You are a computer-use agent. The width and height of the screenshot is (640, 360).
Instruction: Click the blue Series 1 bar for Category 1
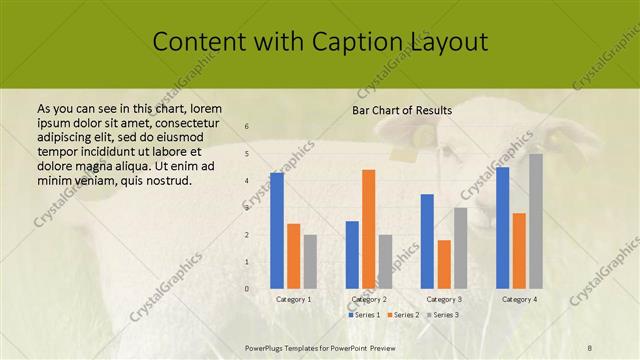click(x=277, y=231)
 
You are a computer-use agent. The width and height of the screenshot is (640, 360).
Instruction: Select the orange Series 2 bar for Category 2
click(x=369, y=229)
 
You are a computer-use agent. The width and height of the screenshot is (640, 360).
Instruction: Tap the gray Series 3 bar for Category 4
click(x=536, y=221)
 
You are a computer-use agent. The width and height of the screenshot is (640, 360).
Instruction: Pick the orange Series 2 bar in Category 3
click(x=444, y=264)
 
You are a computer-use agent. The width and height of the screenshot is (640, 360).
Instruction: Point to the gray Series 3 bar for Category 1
click(x=310, y=261)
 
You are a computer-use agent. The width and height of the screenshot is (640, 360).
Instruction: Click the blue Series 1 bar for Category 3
click(x=427, y=241)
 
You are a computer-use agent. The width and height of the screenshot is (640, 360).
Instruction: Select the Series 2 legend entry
click(x=403, y=315)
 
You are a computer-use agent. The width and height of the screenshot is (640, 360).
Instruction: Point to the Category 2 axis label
click(x=369, y=299)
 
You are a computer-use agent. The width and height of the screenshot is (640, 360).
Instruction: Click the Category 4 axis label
click(x=519, y=299)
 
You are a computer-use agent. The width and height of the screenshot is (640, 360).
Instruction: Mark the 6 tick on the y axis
click(x=247, y=126)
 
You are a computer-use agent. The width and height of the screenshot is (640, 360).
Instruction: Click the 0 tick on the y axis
click(x=247, y=289)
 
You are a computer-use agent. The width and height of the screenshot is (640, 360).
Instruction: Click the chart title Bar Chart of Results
click(x=401, y=110)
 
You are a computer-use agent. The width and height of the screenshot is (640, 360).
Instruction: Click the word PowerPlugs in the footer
click(x=267, y=345)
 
